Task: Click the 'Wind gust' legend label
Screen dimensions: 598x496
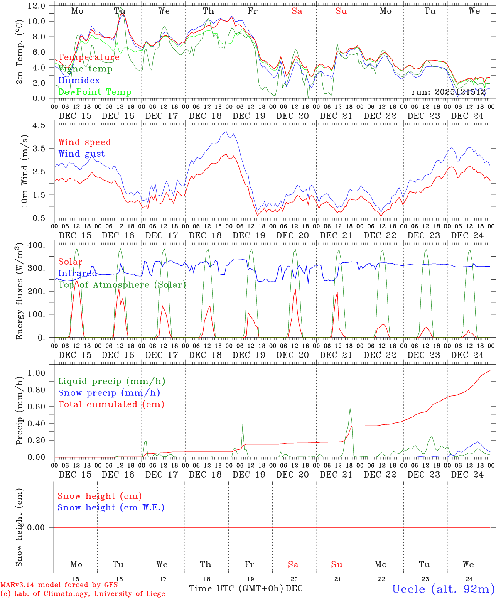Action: click(x=81, y=154)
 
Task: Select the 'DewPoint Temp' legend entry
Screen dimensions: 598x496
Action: click(x=95, y=92)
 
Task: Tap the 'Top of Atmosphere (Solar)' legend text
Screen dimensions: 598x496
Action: click(x=122, y=285)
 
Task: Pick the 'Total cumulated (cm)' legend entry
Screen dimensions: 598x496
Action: click(x=111, y=404)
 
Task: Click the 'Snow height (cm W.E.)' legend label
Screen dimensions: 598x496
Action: click(x=111, y=507)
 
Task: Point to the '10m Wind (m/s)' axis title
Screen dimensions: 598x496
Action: click(x=25, y=171)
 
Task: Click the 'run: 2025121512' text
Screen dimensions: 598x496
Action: click(x=449, y=92)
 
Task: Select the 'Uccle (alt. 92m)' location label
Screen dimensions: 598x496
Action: click(x=443, y=589)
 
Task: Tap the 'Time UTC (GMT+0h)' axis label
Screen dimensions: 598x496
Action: click(x=236, y=588)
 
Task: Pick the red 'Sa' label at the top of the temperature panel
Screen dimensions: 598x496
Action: click(x=297, y=11)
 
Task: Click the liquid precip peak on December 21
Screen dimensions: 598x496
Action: click(x=350, y=408)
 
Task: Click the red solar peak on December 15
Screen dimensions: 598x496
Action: click(x=76, y=281)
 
